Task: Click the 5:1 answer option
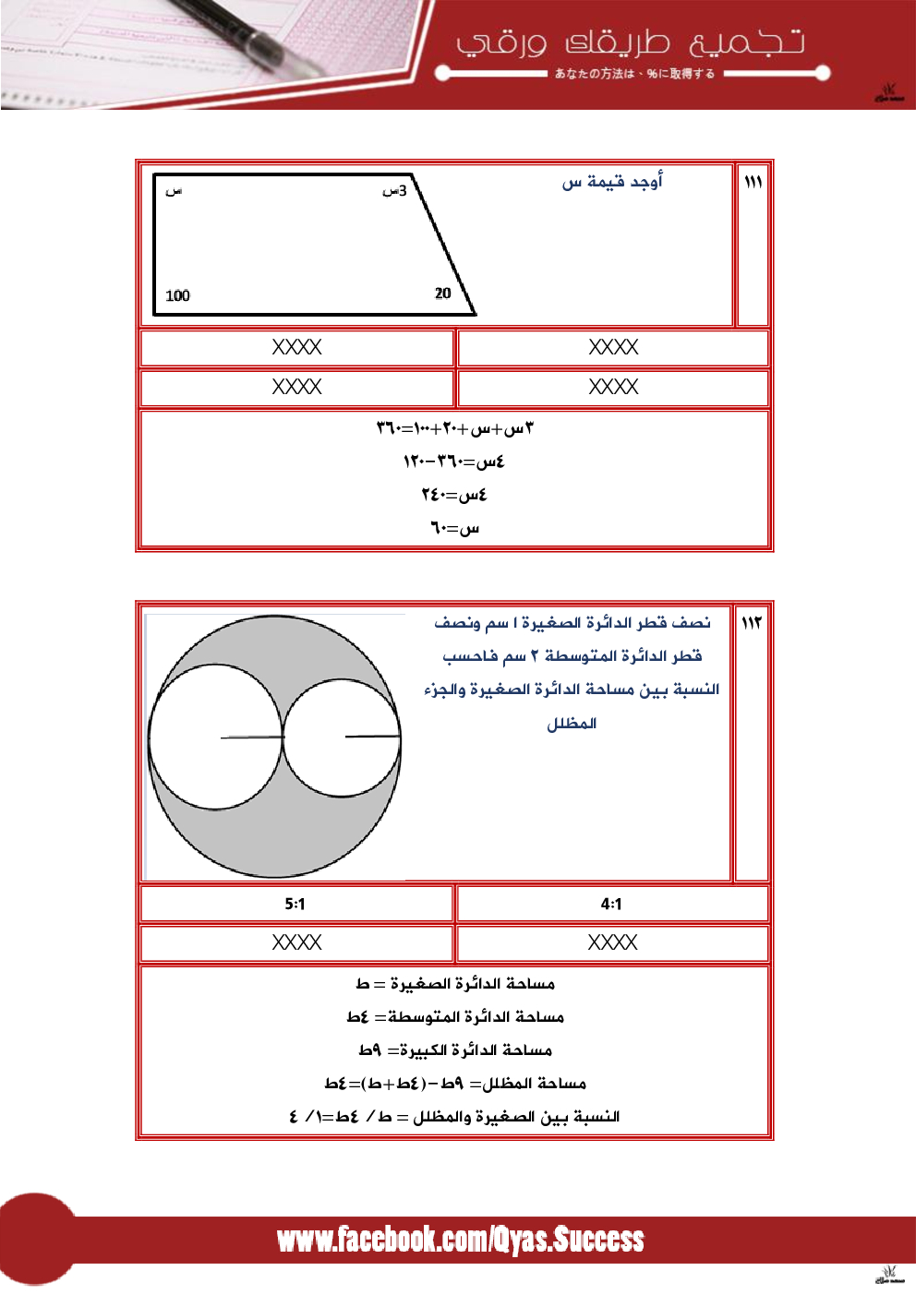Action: tap(295, 904)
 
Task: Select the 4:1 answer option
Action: tap(611, 904)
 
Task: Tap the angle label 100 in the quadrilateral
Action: tap(177, 295)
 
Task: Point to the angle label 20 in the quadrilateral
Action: tap(443, 293)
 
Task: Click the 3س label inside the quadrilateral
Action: tap(394, 190)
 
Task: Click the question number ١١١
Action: tap(753, 182)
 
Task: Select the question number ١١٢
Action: tap(752, 623)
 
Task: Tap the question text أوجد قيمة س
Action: tap(612, 182)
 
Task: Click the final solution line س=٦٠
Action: tap(454, 528)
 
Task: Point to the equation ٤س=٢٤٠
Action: tap(454, 495)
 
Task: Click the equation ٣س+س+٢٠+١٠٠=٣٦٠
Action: tap(454, 428)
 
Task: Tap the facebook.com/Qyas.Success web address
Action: tap(460, 1240)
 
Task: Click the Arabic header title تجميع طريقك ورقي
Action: tap(631, 42)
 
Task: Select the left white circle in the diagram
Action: tap(215, 737)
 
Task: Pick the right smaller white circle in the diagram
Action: tap(342, 737)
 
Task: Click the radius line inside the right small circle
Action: tap(373, 736)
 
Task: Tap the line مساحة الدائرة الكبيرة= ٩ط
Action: tap(455, 1050)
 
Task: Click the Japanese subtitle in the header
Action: tap(634, 74)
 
